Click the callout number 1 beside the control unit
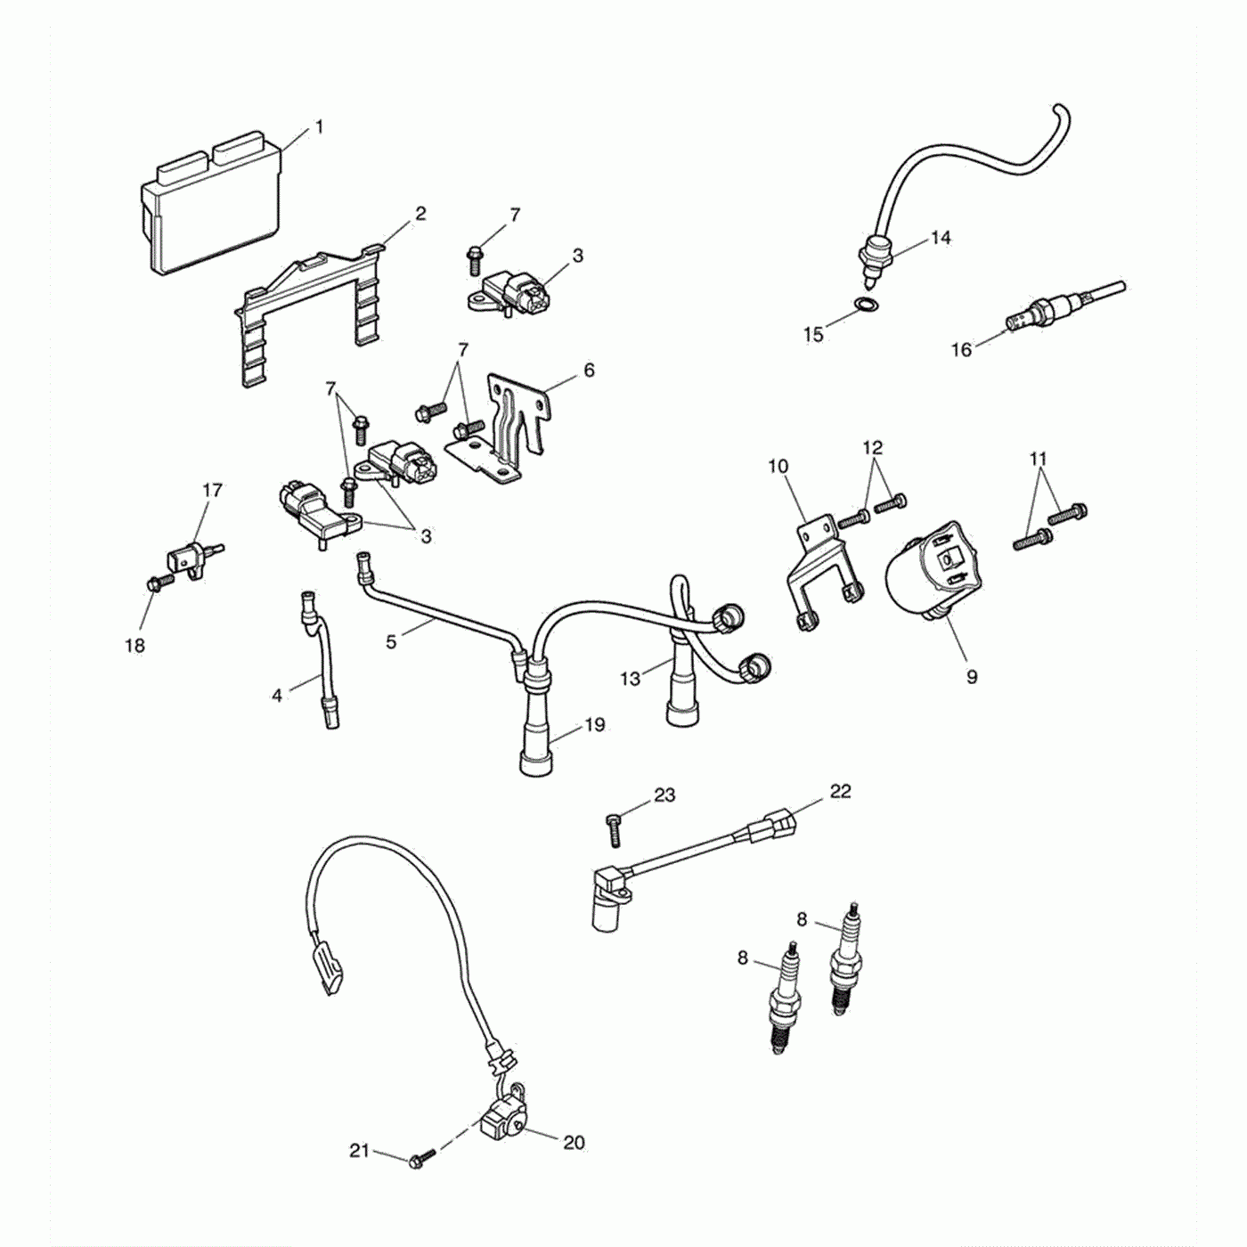319,127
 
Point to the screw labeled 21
420,1160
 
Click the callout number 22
840,791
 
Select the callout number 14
941,238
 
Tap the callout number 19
595,724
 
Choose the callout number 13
630,679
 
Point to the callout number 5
391,640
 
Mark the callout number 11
1038,459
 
